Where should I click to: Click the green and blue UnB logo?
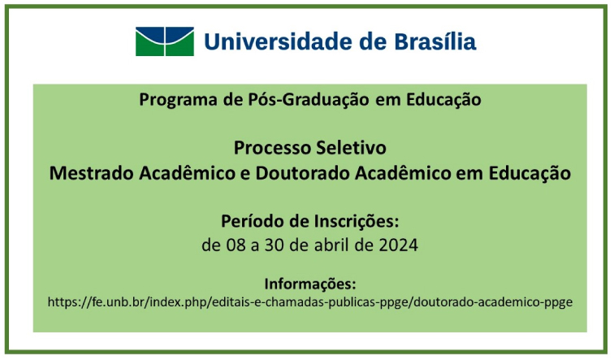pyautogui.click(x=164, y=41)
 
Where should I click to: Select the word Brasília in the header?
pyautogui.click(x=435, y=41)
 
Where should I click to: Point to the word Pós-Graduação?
pyautogui.click(x=309, y=100)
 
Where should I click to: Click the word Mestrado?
pyautogui.click(x=91, y=173)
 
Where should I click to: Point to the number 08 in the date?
pyautogui.click(x=236, y=245)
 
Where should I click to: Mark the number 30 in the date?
pyautogui.click(x=275, y=245)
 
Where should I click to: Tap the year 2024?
pyautogui.click(x=398, y=245)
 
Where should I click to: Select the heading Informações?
pyautogui.click(x=310, y=284)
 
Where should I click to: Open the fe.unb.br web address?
pyautogui.click(x=310, y=302)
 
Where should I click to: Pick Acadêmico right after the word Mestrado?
pyautogui.click(x=187, y=173)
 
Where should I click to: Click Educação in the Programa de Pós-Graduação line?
pyautogui.click(x=443, y=100)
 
